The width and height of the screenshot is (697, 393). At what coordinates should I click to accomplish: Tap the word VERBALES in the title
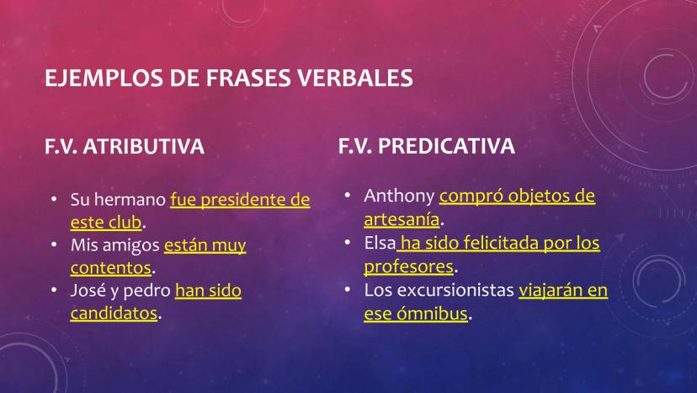[355, 78]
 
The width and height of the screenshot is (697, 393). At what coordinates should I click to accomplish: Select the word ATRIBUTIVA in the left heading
[143, 146]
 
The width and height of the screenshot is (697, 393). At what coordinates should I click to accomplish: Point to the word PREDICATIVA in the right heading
[446, 146]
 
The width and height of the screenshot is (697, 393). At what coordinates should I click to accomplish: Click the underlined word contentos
[110, 268]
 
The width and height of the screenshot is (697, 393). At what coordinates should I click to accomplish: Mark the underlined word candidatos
[114, 313]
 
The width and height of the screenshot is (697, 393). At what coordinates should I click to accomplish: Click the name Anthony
[399, 196]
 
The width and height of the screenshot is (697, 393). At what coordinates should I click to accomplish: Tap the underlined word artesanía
[402, 219]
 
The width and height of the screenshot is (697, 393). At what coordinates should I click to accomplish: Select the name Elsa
[380, 243]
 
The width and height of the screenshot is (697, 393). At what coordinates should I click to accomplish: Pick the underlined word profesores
[408, 266]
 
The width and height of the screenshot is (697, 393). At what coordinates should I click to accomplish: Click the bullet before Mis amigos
[54, 245]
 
